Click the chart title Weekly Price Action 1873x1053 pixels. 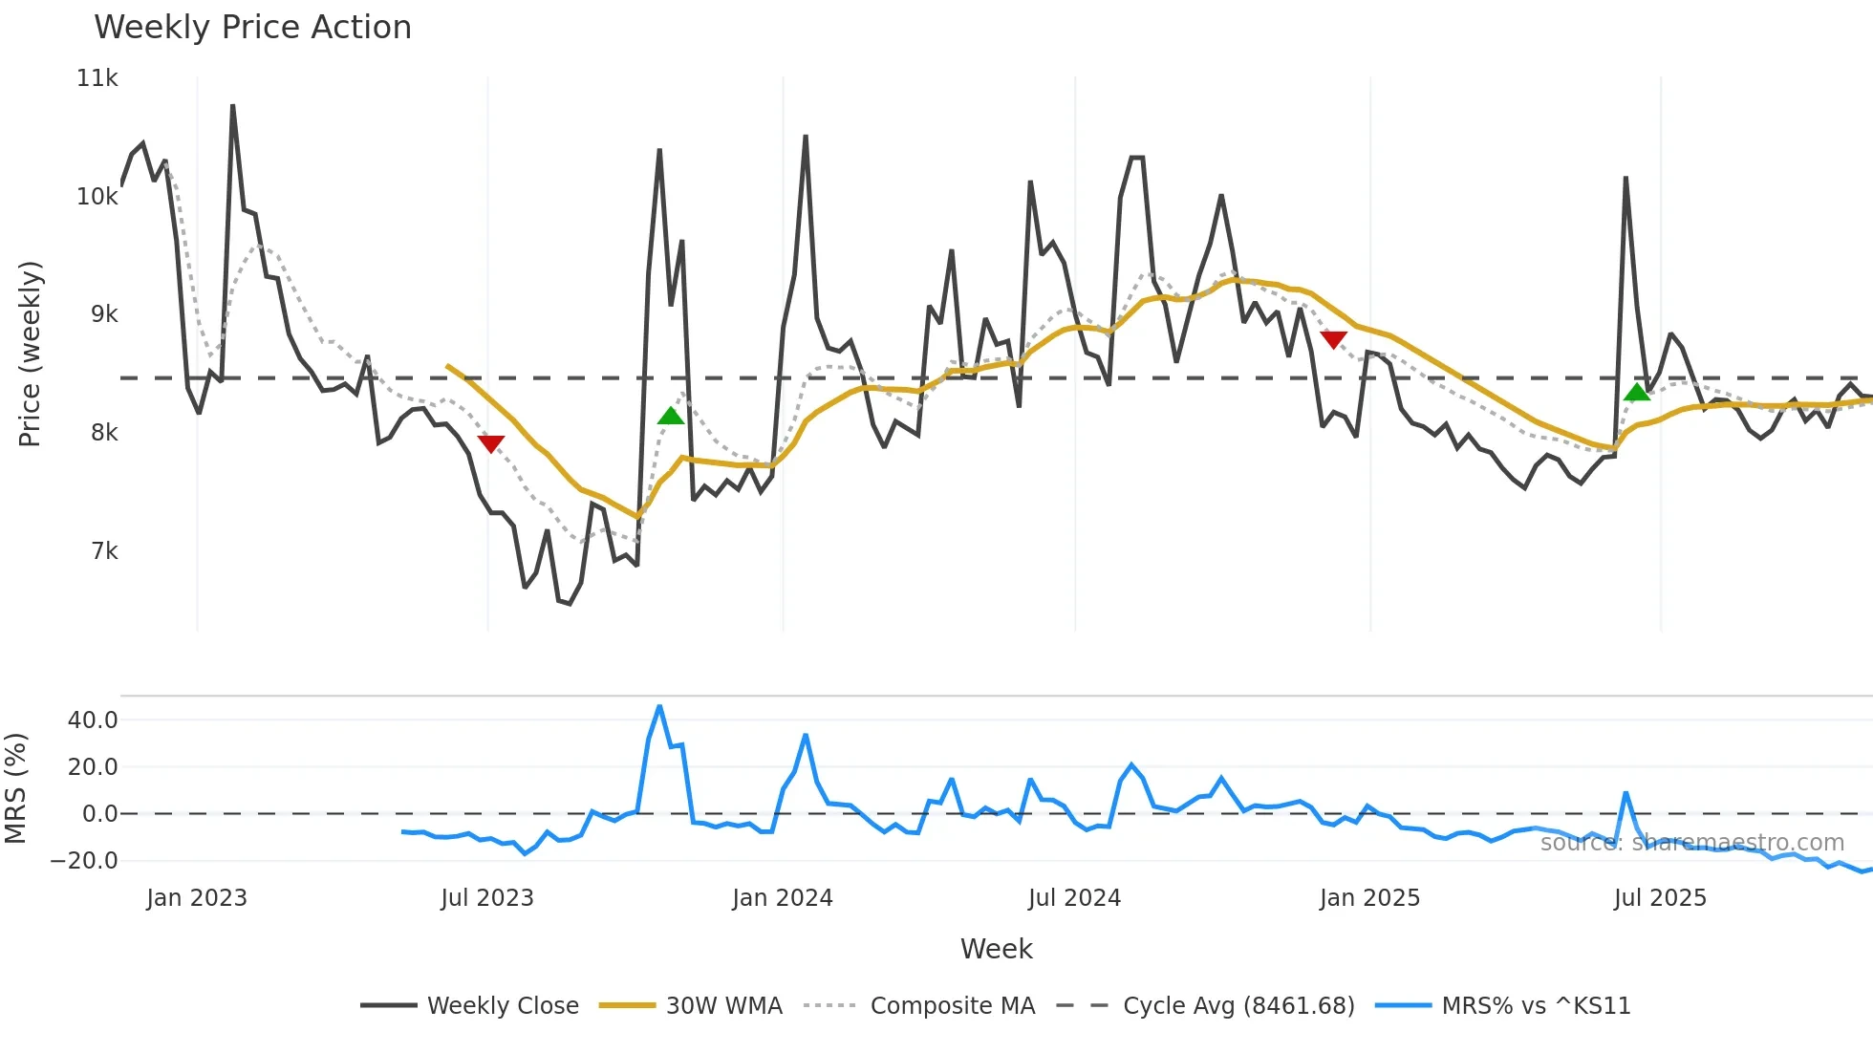pos(252,28)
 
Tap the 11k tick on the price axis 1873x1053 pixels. pos(97,78)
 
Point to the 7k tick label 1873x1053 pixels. pos(104,551)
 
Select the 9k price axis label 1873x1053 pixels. pos(104,314)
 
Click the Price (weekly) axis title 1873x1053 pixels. pos(31,354)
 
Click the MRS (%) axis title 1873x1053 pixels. pos(15,788)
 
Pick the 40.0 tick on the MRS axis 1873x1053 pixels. pos(93,720)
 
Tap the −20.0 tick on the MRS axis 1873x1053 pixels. pos(84,861)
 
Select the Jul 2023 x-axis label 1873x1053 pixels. pos(487,898)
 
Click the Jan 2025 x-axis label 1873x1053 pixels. pos(1369,898)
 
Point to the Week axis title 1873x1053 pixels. pos(996,949)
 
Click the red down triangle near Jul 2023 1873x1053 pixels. pos(490,444)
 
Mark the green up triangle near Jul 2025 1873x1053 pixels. pos(1637,392)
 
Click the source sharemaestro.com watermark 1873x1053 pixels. pos(1691,843)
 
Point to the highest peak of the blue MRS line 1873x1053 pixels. pos(659,707)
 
